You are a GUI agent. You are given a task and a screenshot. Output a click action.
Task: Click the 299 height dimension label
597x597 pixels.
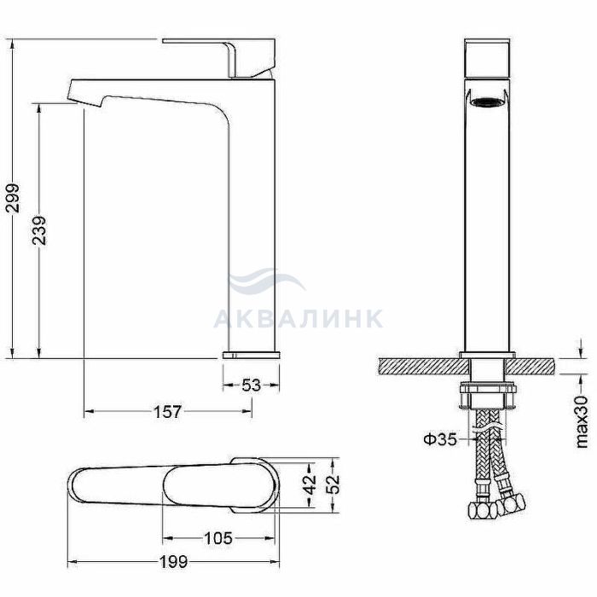coord(14,198)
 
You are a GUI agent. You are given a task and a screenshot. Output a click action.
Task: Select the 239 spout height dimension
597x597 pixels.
coord(39,230)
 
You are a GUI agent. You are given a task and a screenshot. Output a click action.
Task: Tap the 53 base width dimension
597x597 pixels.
coord(252,385)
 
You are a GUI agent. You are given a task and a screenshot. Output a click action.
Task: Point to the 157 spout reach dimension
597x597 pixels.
coord(167,411)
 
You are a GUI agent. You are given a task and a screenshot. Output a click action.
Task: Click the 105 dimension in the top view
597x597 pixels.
coord(218,538)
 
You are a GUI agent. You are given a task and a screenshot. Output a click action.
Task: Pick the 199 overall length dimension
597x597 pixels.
coord(173,561)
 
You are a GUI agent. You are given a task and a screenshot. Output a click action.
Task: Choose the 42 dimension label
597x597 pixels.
coord(310,484)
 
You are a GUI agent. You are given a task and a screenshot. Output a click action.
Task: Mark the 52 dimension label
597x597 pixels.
coord(333,484)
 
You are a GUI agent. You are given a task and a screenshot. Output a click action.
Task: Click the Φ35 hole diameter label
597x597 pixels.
coord(440,439)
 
